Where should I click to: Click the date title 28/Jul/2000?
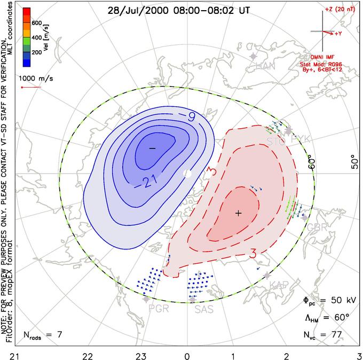point(133,10)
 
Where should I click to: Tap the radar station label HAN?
point(265,66)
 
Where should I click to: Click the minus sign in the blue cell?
point(152,147)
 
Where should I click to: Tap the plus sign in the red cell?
point(239,213)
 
